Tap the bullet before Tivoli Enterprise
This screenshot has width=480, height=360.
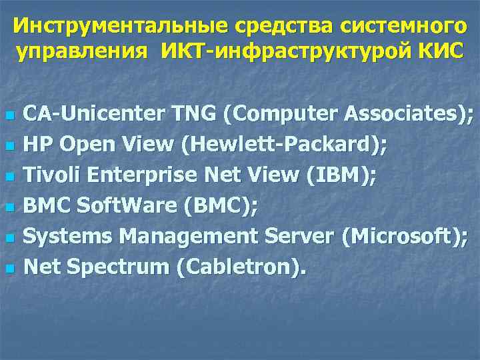[9, 177]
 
